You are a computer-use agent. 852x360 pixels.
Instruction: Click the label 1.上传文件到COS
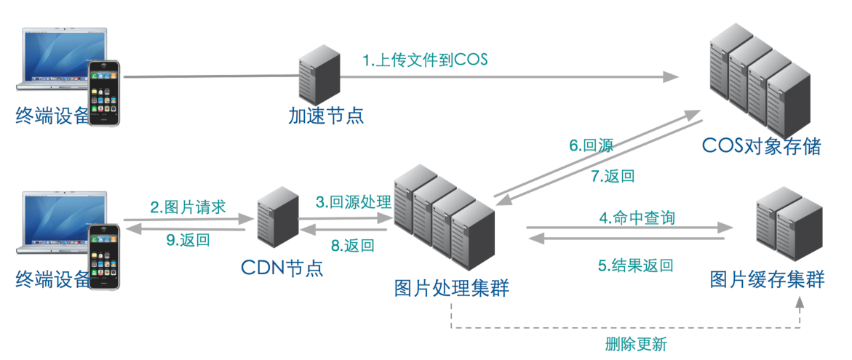point(426,60)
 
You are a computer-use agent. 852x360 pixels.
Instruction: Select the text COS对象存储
point(761,146)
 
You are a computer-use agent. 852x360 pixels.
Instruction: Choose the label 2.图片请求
point(188,207)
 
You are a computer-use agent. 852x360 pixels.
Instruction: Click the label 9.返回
point(188,240)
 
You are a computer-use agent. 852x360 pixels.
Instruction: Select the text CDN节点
point(282,268)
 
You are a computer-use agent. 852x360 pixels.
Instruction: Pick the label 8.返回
point(353,245)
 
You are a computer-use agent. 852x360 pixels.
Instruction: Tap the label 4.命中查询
point(626,217)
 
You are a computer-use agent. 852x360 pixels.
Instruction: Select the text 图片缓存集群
point(768,279)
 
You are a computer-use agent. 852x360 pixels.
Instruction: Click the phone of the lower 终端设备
point(105,256)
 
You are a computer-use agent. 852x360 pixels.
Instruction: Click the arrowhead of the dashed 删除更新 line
point(799,303)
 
